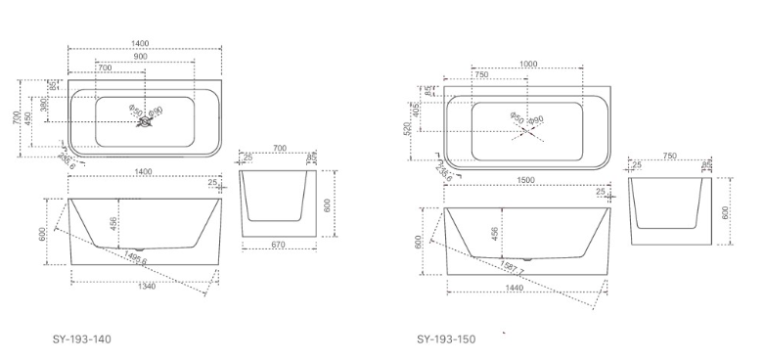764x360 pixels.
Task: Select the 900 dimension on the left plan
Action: tap(143, 57)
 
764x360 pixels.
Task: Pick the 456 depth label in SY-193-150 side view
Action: tap(496, 235)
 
